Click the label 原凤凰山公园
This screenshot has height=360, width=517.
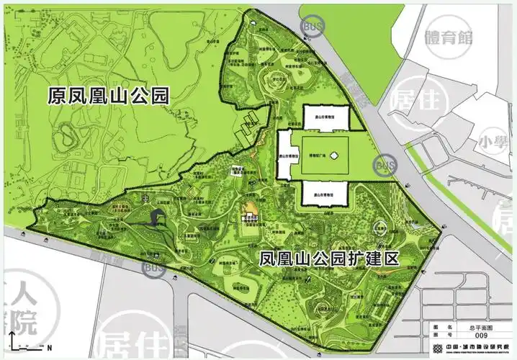[x=108, y=96]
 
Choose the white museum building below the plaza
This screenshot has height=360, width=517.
[x=324, y=193]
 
